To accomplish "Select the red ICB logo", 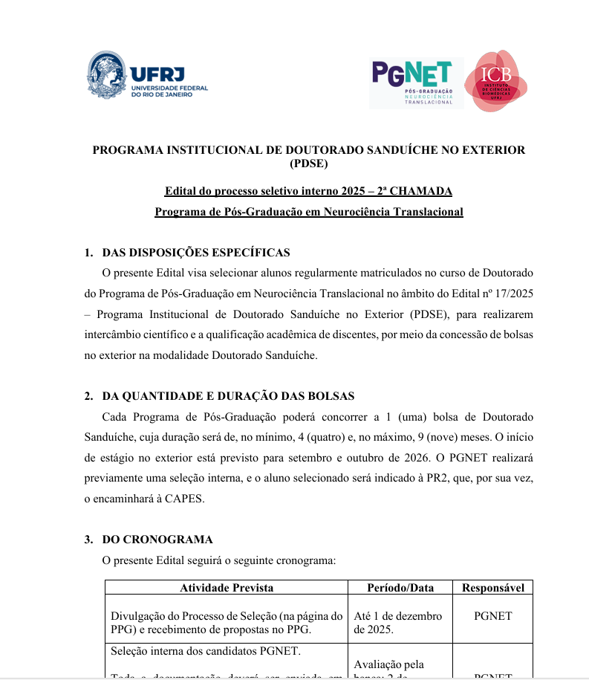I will tap(495, 82).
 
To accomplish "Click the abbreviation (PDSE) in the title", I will tap(308, 163).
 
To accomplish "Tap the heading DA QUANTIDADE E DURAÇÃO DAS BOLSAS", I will tap(228, 396).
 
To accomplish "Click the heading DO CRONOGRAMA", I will tap(157, 540).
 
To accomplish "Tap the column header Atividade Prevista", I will tap(227, 588).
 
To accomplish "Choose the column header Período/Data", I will tap(400, 588).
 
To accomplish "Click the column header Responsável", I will tap(493, 588).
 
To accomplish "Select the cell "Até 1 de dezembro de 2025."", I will tap(398, 623).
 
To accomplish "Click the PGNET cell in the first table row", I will tap(493, 616).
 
